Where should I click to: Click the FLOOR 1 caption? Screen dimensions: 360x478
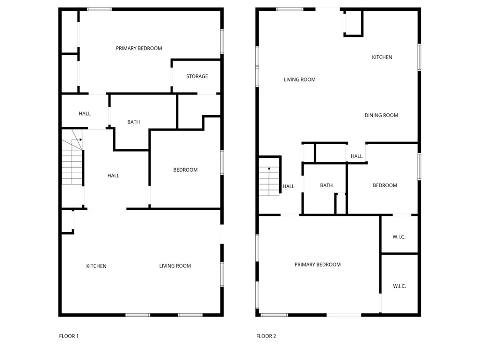pyautogui.click(x=69, y=336)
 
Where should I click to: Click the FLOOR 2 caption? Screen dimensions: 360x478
pyautogui.click(x=266, y=336)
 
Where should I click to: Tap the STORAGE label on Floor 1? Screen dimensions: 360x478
pyautogui.click(x=197, y=76)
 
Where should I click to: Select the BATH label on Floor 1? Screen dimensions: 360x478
pyautogui.click(x=133, y=122)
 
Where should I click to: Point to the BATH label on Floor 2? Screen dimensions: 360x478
pyautogui.click(x=326, y=185)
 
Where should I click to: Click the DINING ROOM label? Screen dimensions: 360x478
pyautogui.click(x=381, y=115)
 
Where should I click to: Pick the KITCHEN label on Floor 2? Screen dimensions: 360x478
pyautogui.click(x=382, y=57)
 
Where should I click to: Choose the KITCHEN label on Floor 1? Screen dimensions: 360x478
pyautogui.click(x=96, y=266)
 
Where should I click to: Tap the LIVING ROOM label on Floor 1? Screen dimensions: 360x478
pyautogui.click(x=175, y=266)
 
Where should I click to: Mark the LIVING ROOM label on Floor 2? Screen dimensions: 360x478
pyautogui.click(x=299, y=80)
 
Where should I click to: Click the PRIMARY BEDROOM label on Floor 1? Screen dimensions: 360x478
pyautogui.click(x=139, y=48)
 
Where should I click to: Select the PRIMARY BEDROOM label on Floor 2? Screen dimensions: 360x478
pyautogui.click(x=318, y=264)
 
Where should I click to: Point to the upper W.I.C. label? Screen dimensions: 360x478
pyautogui.click(x=399, y=237)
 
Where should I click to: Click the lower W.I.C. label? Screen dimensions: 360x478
pyautogui.click(x=399, y=286)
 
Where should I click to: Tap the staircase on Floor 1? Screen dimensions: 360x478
pyautogui.click(x=72, y=162)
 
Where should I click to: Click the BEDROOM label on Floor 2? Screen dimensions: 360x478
pyautogui.click(x=384, y=185)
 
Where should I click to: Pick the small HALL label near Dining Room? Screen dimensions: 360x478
pyautogui.click(x=356, y=156)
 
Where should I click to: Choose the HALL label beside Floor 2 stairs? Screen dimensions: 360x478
pyautogui.click(x=289, y=186)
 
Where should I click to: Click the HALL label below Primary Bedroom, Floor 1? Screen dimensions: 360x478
pyautogui.click(x=85, y=114)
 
